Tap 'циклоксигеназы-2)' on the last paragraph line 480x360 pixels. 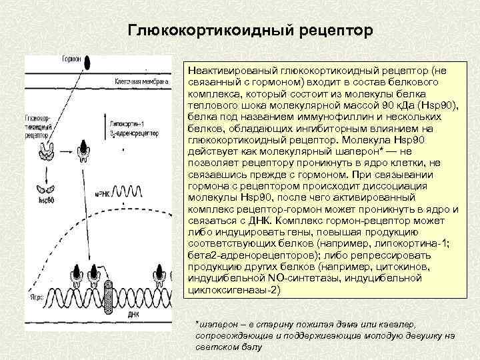236,291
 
